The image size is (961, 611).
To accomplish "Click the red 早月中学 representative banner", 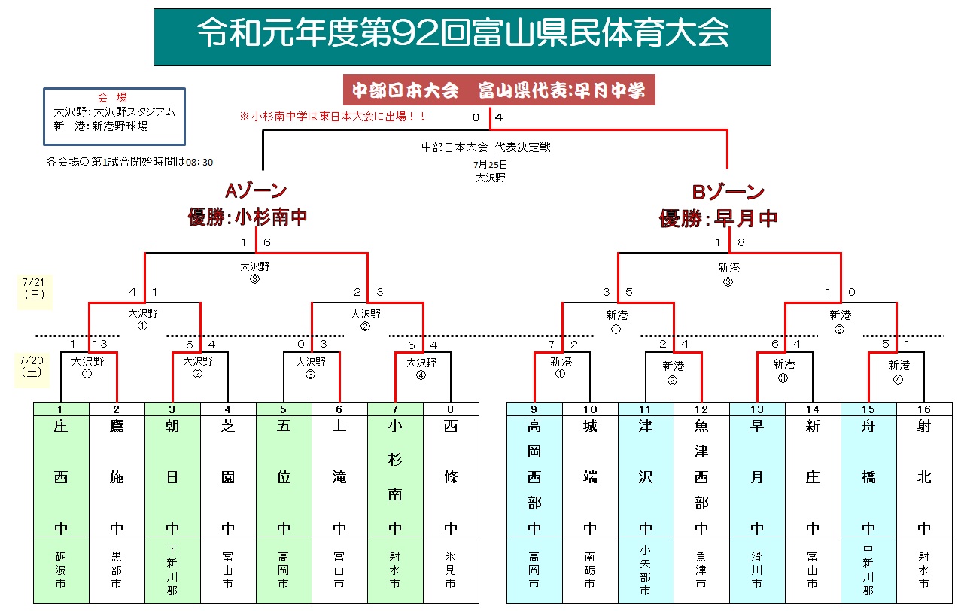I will (498, 90).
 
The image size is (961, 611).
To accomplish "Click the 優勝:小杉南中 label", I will (248, 218).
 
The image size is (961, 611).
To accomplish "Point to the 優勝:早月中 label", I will (719, 219).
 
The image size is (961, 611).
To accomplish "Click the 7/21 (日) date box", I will (35, 288).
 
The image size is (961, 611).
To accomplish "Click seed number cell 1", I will (61, 409).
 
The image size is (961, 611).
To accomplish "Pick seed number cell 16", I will (924, 409).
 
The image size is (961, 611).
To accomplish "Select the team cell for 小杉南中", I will (395, 476).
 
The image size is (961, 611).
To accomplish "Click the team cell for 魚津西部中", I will (701, 476).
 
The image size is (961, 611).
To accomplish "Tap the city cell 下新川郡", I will (172, 570).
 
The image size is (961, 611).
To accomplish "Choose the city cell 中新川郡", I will (868, 570).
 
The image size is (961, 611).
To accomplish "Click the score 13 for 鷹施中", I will (99, 344).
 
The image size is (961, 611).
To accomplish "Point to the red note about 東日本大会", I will (333, 117).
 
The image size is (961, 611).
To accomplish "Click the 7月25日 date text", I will (491, 163).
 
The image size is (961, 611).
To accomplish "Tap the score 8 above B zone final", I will (741, 242).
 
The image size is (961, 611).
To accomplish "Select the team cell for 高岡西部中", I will (534, 476).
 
